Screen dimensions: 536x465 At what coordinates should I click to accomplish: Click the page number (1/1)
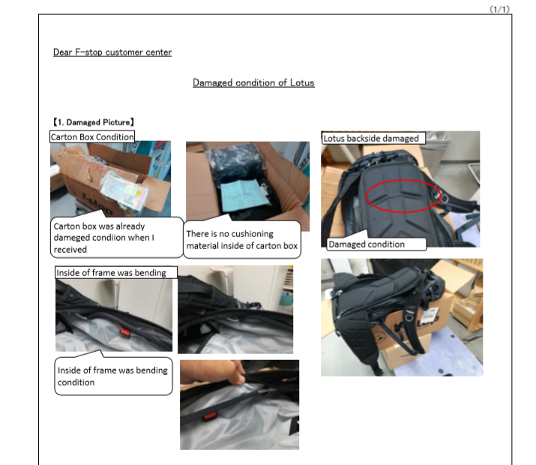point(499,9)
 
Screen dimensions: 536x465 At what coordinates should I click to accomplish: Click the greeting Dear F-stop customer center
point(112,52)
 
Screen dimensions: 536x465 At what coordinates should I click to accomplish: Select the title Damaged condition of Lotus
point(253,82)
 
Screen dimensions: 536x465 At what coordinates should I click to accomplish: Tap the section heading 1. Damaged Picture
point(93,122)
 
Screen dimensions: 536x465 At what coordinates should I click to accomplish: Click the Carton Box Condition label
point(92,136)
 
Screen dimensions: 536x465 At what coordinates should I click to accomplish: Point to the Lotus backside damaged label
point(373,138)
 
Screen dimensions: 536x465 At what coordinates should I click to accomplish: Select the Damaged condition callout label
point(377,244)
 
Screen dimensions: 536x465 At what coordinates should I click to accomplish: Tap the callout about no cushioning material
point(242,240)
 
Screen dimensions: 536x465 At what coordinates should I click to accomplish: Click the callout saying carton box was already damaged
point(116,237)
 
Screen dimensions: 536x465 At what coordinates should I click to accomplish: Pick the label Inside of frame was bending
point(116,272)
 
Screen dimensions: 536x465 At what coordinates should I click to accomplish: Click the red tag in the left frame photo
point(125,332)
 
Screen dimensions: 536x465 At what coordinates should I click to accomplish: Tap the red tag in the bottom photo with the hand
point(210,416)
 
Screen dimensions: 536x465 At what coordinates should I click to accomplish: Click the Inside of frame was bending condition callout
point(113,376)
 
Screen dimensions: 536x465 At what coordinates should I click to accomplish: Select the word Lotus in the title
point(302,82)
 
